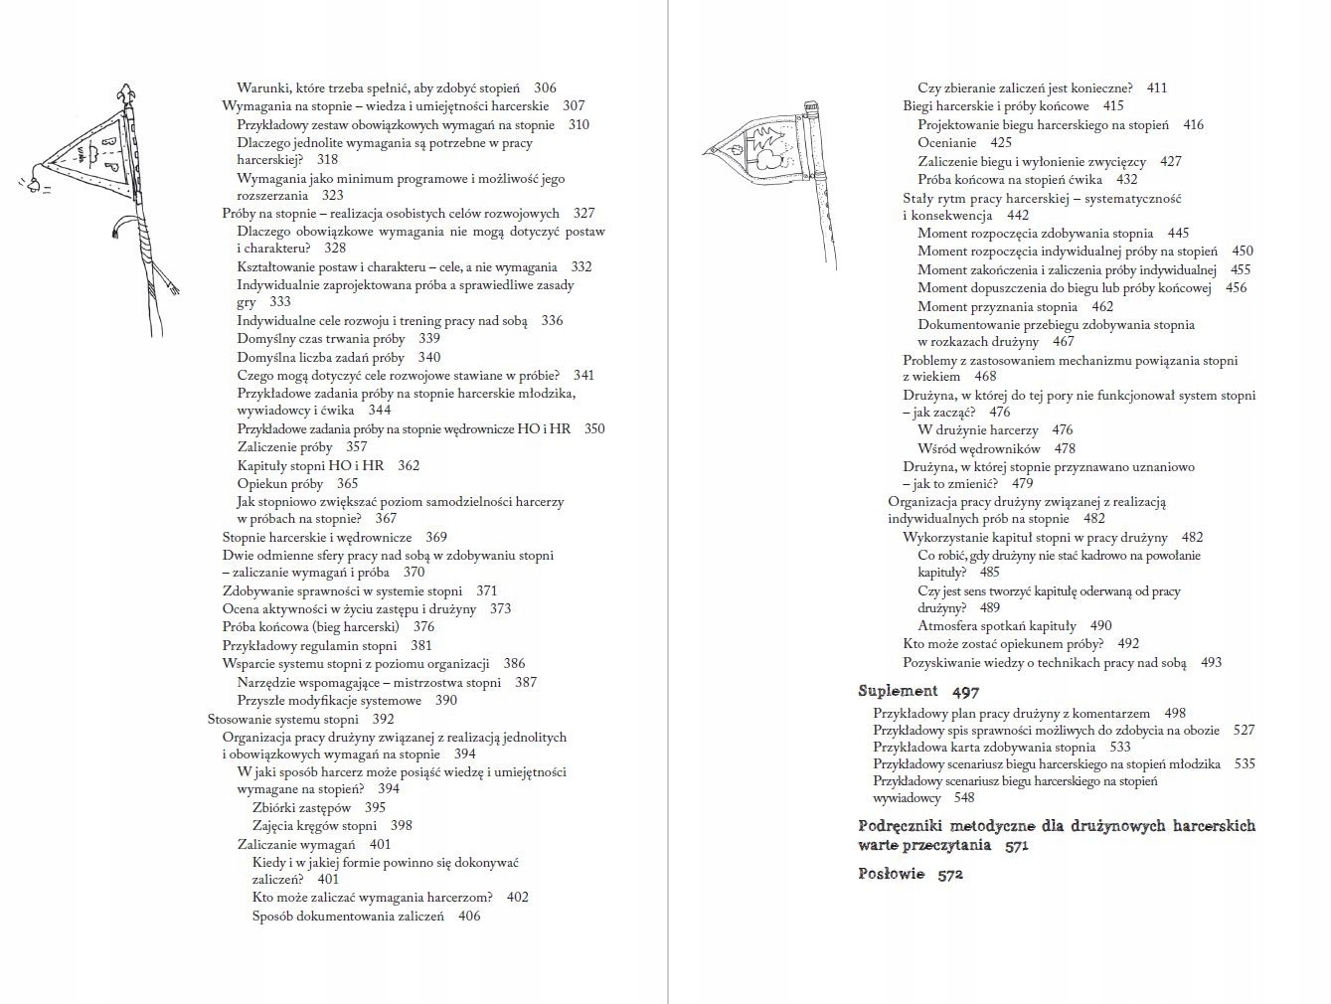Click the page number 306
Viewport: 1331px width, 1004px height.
pyautogui.click(x=545, y=88)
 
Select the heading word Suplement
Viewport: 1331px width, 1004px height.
pyautogui.click(x=898, y=691)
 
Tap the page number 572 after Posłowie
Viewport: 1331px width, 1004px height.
pyautogui.click(x=950, y=875)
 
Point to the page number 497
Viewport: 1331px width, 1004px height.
pyautogui.click(x=965, y=692)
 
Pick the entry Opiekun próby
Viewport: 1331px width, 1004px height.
pyautogui.click(x=280, y=484)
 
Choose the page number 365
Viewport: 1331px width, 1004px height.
pyautogui.click(x=347, y=484)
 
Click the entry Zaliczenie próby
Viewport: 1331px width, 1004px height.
pyautogui.click(x=284, y=447)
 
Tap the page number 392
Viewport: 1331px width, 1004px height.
pyautogui.click(x=383, y=720)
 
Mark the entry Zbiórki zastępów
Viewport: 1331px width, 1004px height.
pyautogui.click(x=301, y=808)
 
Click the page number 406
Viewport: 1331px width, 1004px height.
pyautogui.click(x=469, y=917)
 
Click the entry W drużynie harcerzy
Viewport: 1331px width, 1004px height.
pyautogui.click(x=977, y=430)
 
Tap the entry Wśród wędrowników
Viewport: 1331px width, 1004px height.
pyautogui.click(x=978, y=448)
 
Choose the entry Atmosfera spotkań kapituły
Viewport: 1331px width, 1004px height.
pyautogui.click(x=996, y=626)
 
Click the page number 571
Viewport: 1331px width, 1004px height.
pyautogui.click(x=1016, y=846)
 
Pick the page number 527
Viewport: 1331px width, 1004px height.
pyautogui.click(x=1244, y=731)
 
